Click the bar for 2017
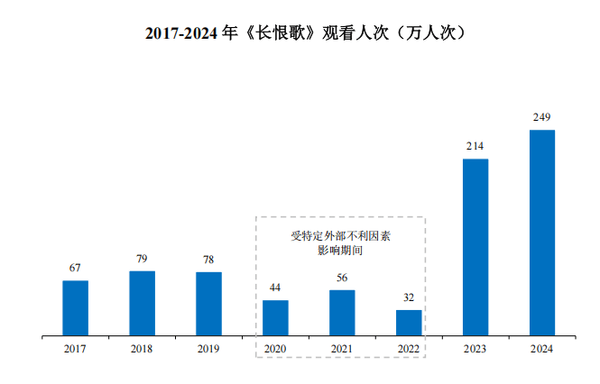pyautogui.click(x=75, y=307)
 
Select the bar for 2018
pyautogui.click(x=142, y=303)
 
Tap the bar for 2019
pyautogui.click(x=208, y=304)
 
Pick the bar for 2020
pyautogui.click(x=275, y=317)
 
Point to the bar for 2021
pyautogui.click(x=342, y=313)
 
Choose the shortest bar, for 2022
pyautogui.click(x=409, y=323)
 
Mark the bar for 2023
pyautogui.click(x=475, y=247)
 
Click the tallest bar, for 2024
pyautogui.click(x=542, y=233)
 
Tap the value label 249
pyautogui.click(x=542, y=117)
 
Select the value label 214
pyautogui.click(x=475, y=146)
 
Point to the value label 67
pyautogui.click(x=75, y=268)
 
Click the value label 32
pyautogui.click(x=409, y=297)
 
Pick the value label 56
pyautogui.click(x=342, y=278)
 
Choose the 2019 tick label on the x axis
pyautogui.click(x=208, y=349)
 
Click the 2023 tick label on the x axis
pyautogui.click(x=475, y=349)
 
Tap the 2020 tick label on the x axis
pyautogui.click(x=275, y=349)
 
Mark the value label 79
pyautogui.click(x=142, y=259)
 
